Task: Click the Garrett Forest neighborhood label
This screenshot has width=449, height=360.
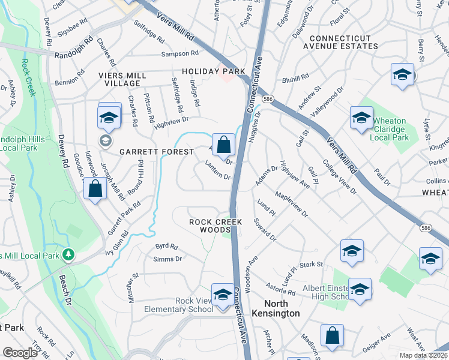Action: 156,152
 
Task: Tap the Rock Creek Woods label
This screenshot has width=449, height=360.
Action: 216,226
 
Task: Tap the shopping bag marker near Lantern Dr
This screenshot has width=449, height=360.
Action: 223,145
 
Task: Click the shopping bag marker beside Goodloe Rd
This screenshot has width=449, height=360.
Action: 95,189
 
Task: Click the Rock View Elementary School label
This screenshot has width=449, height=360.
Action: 179,305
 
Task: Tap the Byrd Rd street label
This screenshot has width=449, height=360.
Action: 167,246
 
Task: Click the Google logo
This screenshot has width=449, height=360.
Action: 20,353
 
